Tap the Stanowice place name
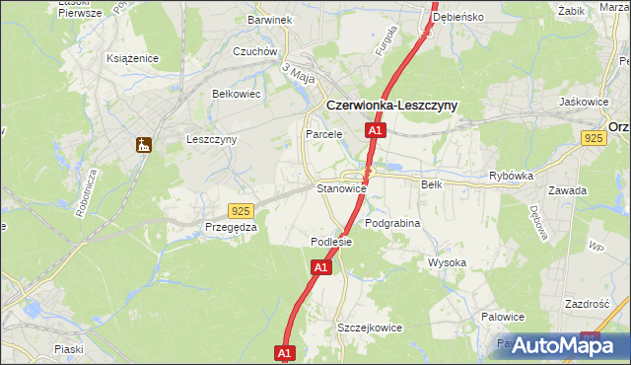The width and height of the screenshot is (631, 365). tap(341, 188)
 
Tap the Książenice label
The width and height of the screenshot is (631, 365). tap(133, 58)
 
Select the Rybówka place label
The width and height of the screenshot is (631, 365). tap(511, 176)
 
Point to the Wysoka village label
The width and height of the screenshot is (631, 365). tap(447, 262)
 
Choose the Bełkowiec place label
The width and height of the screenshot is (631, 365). tap(236, 94)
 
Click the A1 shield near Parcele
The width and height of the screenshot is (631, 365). tap(375, 130)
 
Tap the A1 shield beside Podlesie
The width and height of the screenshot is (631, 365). tap(321, 266)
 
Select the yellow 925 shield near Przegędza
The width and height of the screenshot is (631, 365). tap(240, 211)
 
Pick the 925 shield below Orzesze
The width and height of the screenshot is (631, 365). tap(593, 140)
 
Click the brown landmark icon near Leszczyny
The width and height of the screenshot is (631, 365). tap(144, 145)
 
